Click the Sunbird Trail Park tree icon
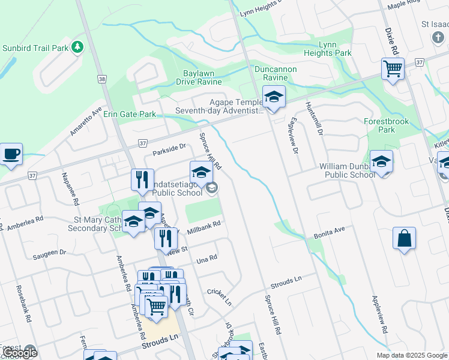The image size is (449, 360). coord(77,47)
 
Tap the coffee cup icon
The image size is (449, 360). coord(11,155)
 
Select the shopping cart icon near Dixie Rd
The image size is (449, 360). coord(393,69)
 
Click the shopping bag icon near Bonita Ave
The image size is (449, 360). coord(405,238)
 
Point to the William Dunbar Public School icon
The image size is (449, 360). coord(381,161)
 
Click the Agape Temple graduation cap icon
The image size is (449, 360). coord(274,97)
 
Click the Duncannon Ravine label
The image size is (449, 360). coord(276,73)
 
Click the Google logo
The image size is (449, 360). coord(20,353)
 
